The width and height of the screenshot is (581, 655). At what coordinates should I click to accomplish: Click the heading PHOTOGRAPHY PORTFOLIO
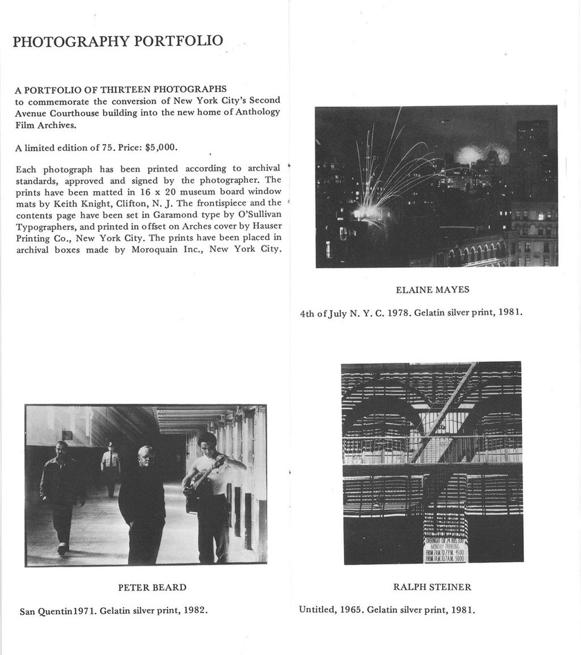coord(118,41)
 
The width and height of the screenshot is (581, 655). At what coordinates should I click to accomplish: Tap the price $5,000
coord(160,147)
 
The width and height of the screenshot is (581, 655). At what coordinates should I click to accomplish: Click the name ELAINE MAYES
coord(432,290)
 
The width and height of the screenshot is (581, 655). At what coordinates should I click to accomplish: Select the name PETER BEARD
coord(152,587)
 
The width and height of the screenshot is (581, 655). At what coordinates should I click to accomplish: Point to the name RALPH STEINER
coord(432,587)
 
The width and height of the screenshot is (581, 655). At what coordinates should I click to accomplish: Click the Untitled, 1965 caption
coord(387,609)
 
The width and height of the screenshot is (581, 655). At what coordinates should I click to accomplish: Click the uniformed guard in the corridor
coord(110,467)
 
